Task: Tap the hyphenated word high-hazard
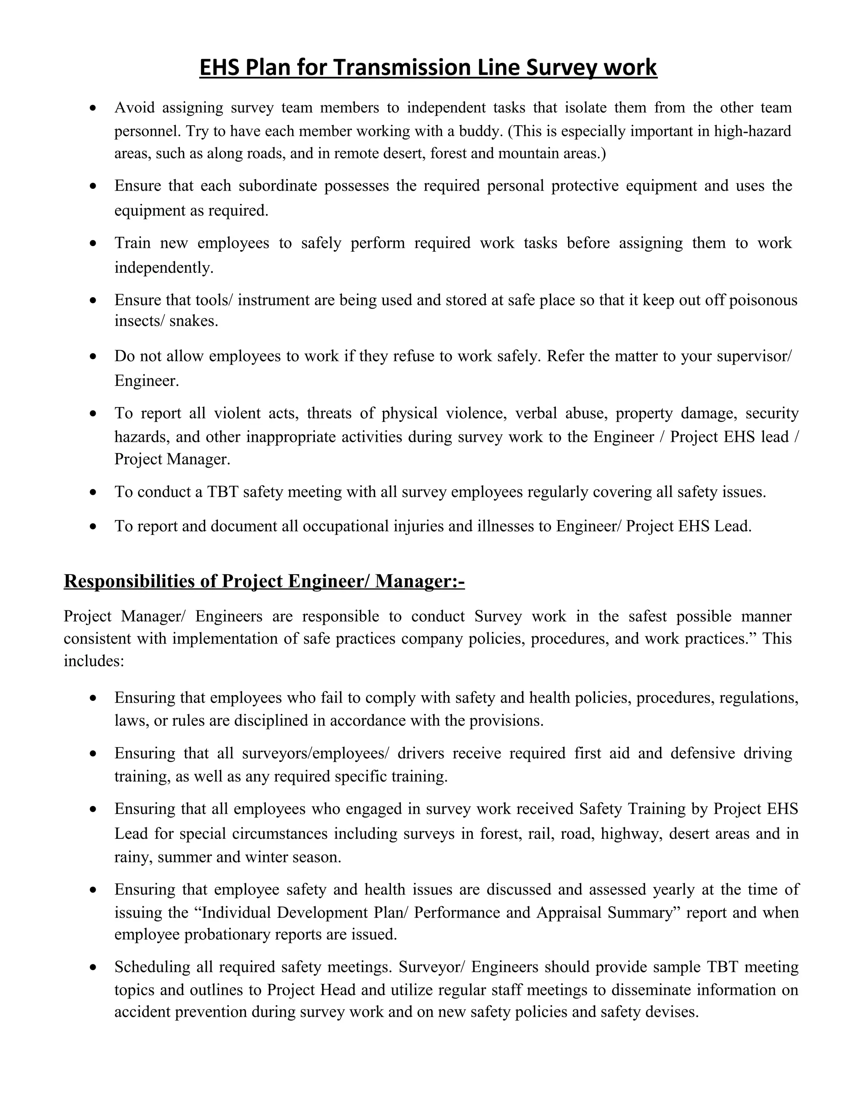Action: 752,131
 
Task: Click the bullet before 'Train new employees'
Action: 93,244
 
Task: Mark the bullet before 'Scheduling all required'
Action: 93,968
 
